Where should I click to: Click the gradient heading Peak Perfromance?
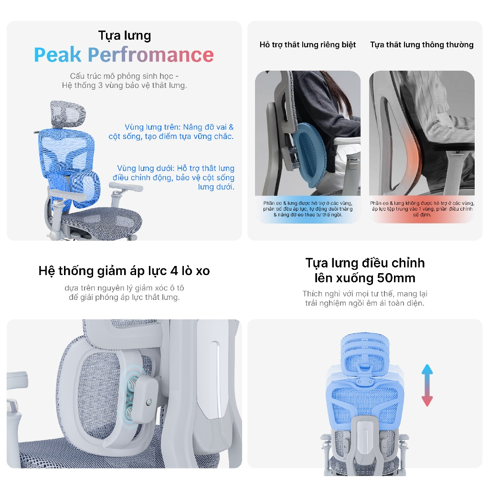pos(124,55)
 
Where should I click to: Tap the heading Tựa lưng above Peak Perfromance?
pos(125,35)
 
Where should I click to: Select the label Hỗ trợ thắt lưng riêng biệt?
pos(308,45)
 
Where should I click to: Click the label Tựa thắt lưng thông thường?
pos(422,45)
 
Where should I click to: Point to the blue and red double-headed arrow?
pos(427,385)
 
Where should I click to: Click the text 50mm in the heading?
pos(396,278)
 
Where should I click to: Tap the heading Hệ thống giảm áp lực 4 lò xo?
pos(124,271)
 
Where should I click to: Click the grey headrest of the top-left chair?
pos(68,114)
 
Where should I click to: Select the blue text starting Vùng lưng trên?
pos(171,132)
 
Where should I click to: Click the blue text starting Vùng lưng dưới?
pos(173,178)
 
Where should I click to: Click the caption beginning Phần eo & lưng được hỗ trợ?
pos(308,209)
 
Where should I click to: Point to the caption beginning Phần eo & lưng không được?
pos(422,209)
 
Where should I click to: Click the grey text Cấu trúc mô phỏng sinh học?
pos(124,76)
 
